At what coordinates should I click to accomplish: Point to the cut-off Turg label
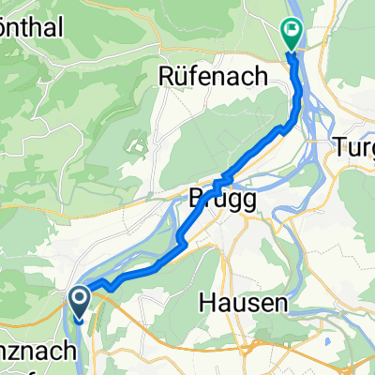pos(355,147)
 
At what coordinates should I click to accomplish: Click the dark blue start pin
pos(78,303)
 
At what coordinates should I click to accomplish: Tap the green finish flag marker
pos(292,34)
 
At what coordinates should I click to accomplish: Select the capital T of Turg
pos(341,147)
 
